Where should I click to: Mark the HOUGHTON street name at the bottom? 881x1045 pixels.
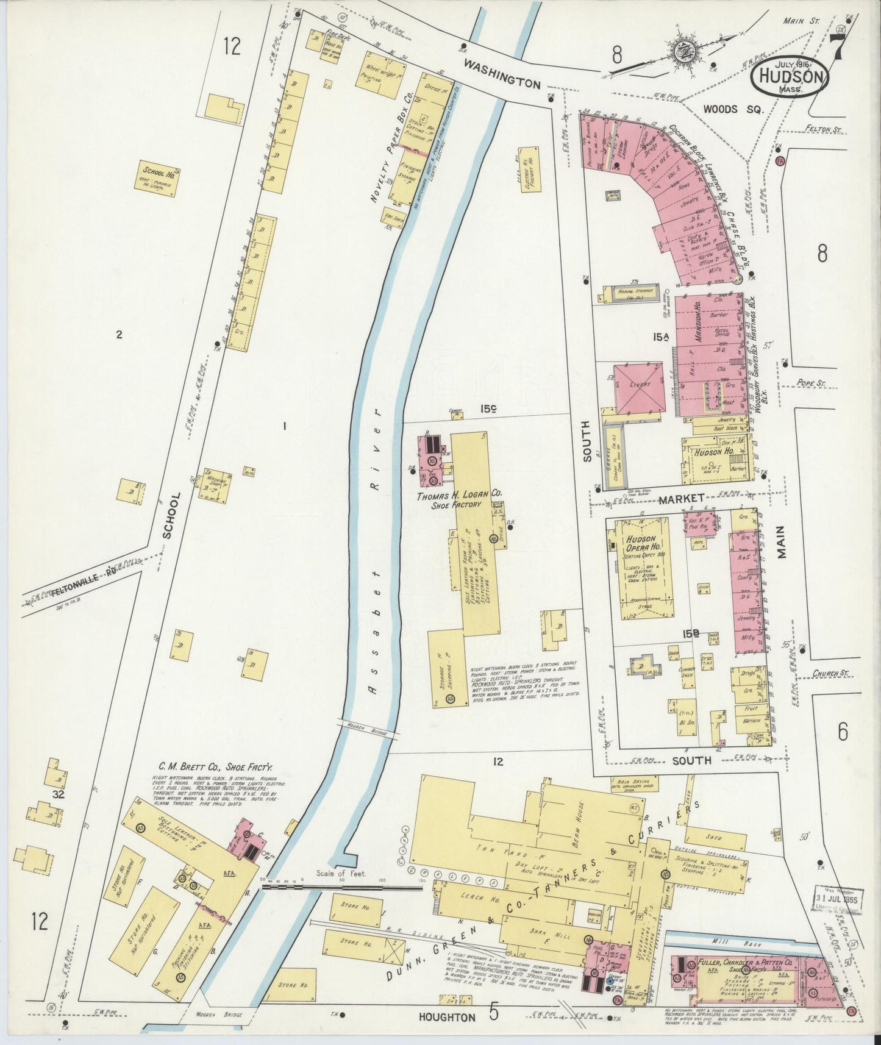446,1017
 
